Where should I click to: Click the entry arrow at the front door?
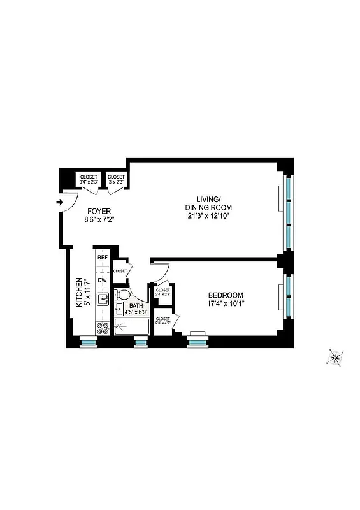point(59,203)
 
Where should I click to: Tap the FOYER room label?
point(98,212)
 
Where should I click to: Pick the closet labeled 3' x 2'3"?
point(117,179)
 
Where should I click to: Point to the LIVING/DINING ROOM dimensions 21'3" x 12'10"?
point(208,215)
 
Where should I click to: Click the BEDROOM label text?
point(226,295)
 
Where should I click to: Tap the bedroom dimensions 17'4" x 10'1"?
point(226,304)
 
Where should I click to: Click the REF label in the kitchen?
point(102,258)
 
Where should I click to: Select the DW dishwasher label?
point(102,280)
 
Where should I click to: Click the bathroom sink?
point(119,310)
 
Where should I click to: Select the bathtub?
point(132,328)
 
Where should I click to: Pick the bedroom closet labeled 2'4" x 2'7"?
point(163,293)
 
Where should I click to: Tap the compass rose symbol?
point(335,358)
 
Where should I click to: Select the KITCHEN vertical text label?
point(80,292)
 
